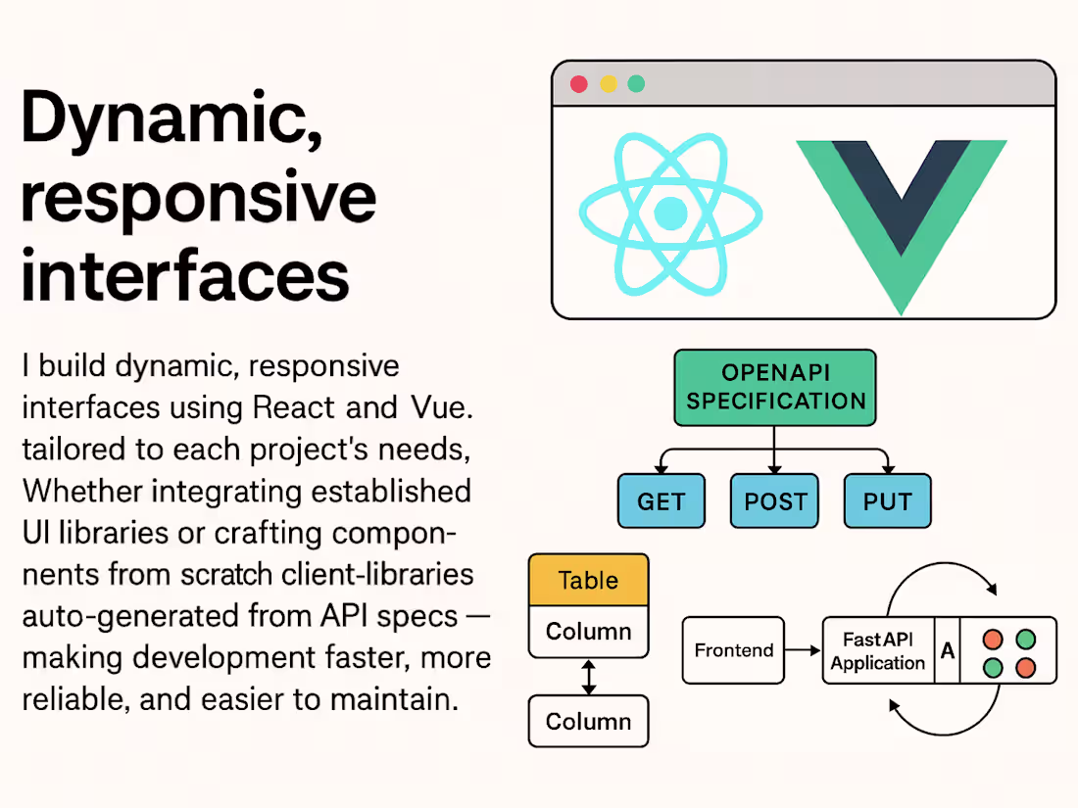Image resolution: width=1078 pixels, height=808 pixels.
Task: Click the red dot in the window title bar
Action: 579,84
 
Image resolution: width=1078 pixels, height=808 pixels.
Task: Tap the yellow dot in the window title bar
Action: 609,84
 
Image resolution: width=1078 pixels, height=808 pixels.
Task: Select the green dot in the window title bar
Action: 637,84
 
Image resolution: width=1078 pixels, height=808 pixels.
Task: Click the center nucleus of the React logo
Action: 670,213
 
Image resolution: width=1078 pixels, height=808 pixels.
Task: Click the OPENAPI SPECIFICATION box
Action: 775,388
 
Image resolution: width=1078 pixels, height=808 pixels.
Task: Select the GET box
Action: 661,501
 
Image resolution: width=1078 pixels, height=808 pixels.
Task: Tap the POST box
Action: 774,501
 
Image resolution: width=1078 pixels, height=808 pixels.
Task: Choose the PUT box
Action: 888,501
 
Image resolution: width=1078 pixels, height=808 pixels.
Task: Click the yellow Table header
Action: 588,580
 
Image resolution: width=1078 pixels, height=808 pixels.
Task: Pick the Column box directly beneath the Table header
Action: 588,632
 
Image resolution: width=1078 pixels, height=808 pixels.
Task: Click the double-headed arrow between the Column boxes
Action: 588,677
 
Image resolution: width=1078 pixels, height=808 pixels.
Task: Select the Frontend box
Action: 733,650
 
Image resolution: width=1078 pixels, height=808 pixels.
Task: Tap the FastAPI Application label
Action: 878,650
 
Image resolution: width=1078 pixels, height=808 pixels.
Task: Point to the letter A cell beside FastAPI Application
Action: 948,650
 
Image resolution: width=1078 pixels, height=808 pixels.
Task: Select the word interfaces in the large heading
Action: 185,275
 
